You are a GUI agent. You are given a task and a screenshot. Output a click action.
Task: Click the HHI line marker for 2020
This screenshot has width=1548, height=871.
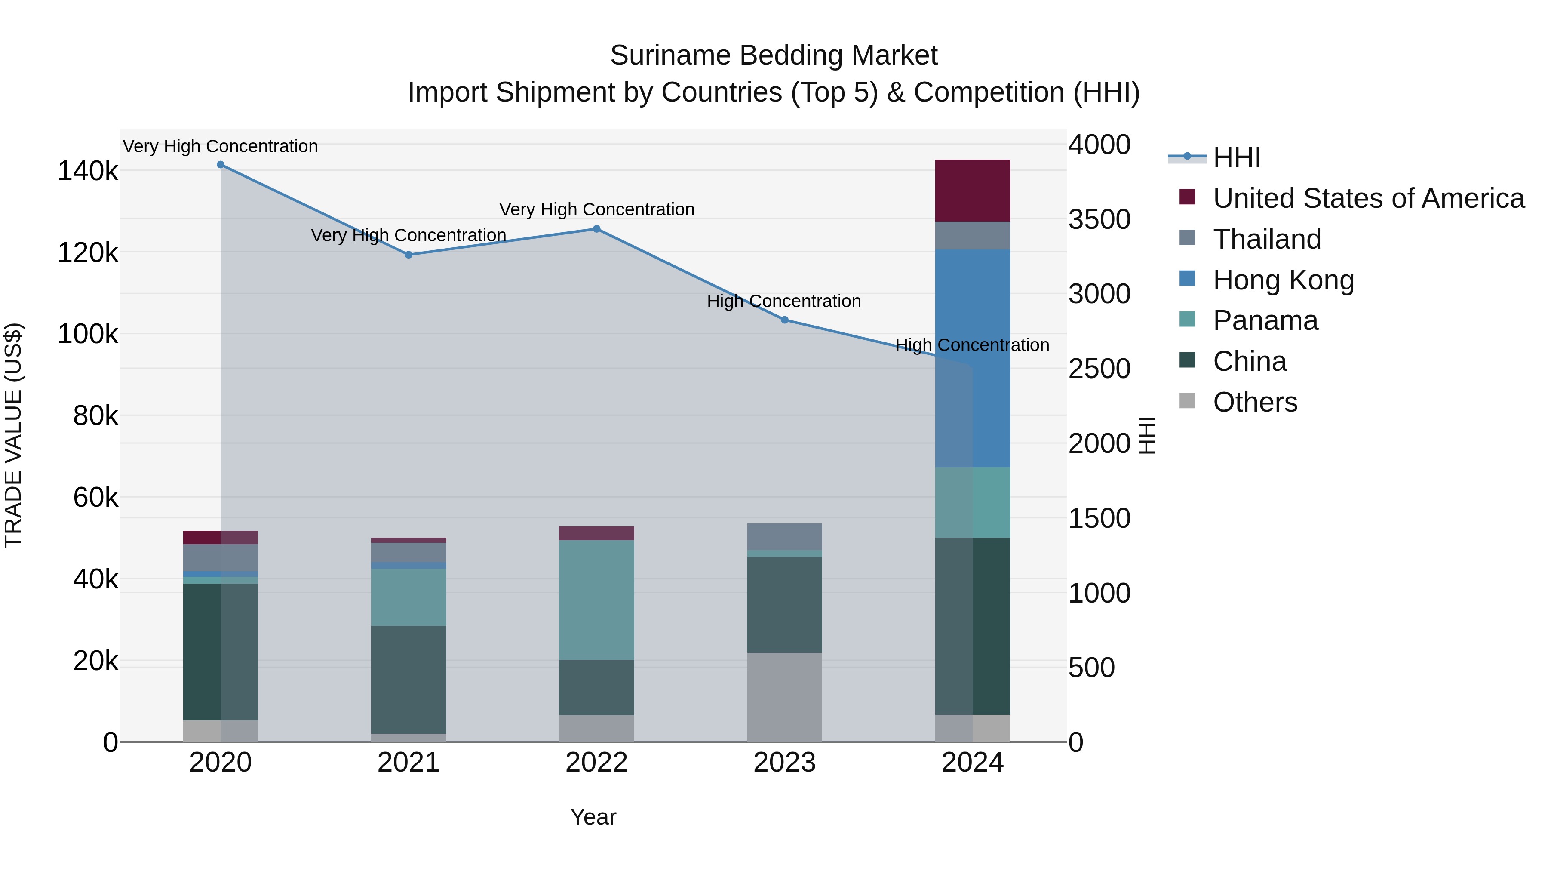[221, 165]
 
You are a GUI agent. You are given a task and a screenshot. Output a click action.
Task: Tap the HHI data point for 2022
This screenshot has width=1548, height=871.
[597, 229]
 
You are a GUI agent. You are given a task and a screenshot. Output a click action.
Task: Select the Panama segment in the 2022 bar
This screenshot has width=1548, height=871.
[597, 600]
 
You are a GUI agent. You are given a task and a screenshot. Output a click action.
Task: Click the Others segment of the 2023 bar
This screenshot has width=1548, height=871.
[784, 697]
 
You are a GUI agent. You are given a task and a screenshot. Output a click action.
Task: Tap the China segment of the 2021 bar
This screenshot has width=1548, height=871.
[408, 679]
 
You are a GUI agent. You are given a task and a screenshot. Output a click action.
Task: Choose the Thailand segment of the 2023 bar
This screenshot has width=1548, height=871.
[784, 537]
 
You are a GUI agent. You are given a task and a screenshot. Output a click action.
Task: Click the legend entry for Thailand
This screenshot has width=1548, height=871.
[1267, 239]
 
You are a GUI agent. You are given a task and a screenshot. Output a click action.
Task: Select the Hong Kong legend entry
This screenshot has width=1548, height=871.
[1283, 280]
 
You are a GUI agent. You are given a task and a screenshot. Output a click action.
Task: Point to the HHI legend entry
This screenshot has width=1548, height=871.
[1236, 157]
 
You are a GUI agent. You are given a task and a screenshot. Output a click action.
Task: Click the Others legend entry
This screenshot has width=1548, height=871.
[1255, 402]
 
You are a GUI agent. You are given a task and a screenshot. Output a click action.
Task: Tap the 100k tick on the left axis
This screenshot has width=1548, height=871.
[88, 334]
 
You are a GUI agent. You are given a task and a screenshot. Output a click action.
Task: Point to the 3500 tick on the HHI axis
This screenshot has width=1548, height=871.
[1099, 219]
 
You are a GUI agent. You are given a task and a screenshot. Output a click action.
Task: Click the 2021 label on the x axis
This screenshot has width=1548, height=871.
[408, 763]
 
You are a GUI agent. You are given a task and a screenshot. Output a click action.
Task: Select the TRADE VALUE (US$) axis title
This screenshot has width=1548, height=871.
[14, 435]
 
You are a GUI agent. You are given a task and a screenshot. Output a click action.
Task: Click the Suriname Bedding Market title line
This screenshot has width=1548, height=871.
[774, 55]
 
